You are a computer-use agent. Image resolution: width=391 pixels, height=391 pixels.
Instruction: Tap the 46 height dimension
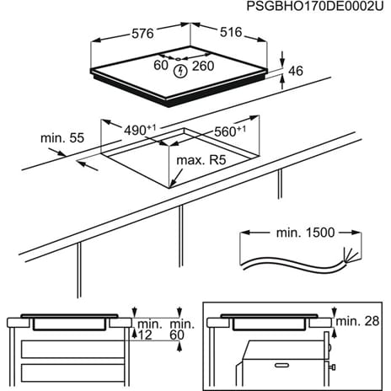(x=294, y=72)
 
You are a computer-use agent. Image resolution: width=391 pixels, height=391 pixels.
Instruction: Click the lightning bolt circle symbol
(x=179, y=71)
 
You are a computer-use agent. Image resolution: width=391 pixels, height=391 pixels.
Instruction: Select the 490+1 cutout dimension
(x=141, y=131)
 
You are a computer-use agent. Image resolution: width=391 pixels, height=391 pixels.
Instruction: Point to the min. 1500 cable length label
(x=299, y=231)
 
